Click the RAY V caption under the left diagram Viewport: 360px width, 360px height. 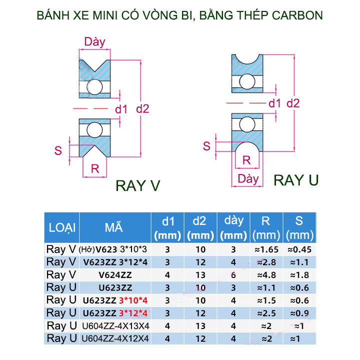(x=137, y=185)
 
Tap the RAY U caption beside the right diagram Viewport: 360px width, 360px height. (x=296, y=180)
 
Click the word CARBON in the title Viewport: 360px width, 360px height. (x=295, y=15)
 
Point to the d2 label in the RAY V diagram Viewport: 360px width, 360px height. (x=142, y=108)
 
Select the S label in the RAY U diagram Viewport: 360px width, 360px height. (x=206, y=145)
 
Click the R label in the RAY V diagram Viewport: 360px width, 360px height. (x=95, y=169)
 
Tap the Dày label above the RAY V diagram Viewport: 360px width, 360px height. (x=95, y=41)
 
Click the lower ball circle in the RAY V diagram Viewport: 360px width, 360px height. (x=94, y=129)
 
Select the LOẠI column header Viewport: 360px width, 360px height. (x=62, y=228)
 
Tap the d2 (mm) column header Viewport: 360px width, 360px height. (x=199, y=228)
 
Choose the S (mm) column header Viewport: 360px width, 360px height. (x=300, y=228)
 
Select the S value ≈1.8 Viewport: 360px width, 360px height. (x=300, y=274)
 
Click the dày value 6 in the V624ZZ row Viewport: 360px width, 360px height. (x=233, y=274)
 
